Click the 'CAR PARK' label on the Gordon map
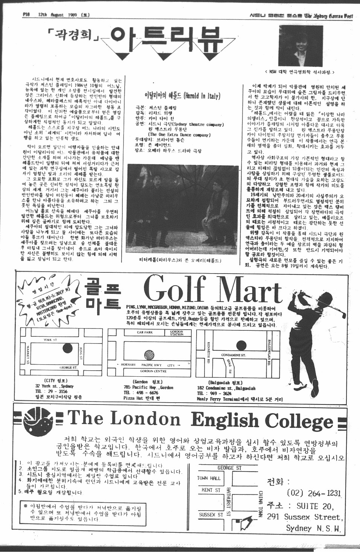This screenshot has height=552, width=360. pyautogui.click(x=145, y=333)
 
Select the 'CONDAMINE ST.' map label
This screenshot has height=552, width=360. pyautogui.click(x=233, y=355)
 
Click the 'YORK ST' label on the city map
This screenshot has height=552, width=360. pyautogui.click(x=50, y=340)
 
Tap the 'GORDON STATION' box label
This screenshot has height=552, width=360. pyautogui.click(x=177, y=333)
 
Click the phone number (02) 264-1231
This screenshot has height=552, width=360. pyautogui.click(x=313, y=493)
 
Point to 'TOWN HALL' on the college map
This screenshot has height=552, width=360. pyautogui.click(x=209, y=478)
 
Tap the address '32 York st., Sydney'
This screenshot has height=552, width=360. pyautogui.click(x=54, y=386)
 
